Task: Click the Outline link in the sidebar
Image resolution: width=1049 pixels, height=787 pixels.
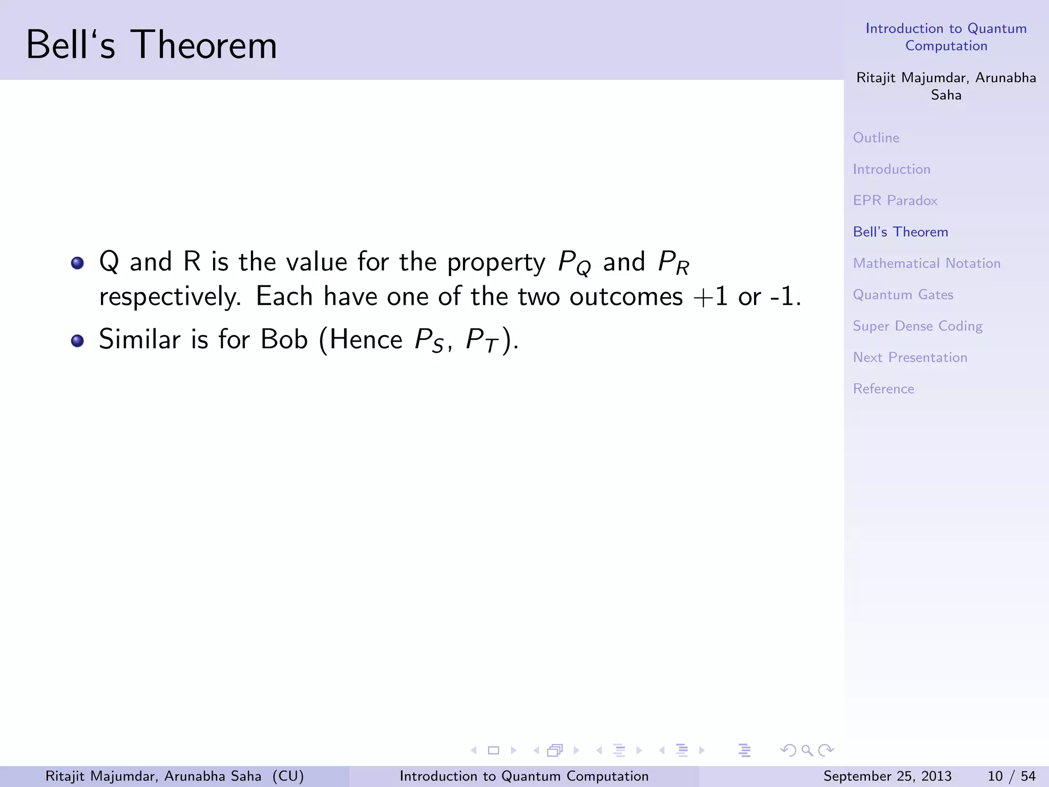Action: (876, 138)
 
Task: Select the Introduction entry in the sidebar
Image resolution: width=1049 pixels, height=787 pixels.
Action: (891, 169)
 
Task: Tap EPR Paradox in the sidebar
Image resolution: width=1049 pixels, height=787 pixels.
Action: (895, 200)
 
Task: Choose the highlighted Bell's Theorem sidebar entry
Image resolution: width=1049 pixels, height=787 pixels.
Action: (900, 232)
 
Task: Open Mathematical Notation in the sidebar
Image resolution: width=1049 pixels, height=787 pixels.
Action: (926, 263)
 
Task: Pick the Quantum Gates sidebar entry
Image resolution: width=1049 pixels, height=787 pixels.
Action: (903, 295)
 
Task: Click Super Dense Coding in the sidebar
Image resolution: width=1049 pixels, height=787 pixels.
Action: (917, 326)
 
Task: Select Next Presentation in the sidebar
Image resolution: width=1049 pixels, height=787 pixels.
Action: (910, 358)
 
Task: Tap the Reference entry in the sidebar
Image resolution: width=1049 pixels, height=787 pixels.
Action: (883, 389)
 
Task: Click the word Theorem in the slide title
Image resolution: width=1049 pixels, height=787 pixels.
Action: (203, 45)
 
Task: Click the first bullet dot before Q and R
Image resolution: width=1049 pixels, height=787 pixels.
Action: (77, 263)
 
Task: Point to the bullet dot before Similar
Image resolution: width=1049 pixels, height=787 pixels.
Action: (77, 341)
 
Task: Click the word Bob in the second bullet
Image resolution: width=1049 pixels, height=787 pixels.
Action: (284, 339)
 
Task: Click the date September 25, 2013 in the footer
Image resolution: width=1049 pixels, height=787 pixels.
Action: (887, 776)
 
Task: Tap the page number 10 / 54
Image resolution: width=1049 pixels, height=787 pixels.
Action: (1011, 776)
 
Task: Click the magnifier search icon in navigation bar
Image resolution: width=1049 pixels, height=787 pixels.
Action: (807, 751)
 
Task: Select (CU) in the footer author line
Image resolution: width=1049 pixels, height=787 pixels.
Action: (288, 776)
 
